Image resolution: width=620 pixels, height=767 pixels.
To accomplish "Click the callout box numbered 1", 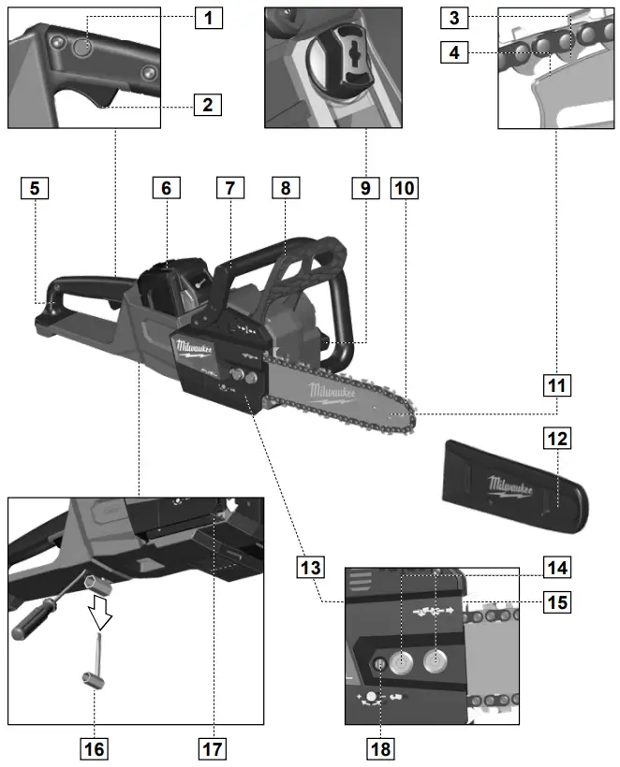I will [209, 17].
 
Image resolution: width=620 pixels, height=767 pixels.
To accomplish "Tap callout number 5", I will [34, 188].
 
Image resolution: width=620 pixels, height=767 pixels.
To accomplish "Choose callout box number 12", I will [556, 437].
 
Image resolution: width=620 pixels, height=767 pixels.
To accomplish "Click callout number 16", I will [94, 747].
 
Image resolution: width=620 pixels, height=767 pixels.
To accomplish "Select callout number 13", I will [311, 567].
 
